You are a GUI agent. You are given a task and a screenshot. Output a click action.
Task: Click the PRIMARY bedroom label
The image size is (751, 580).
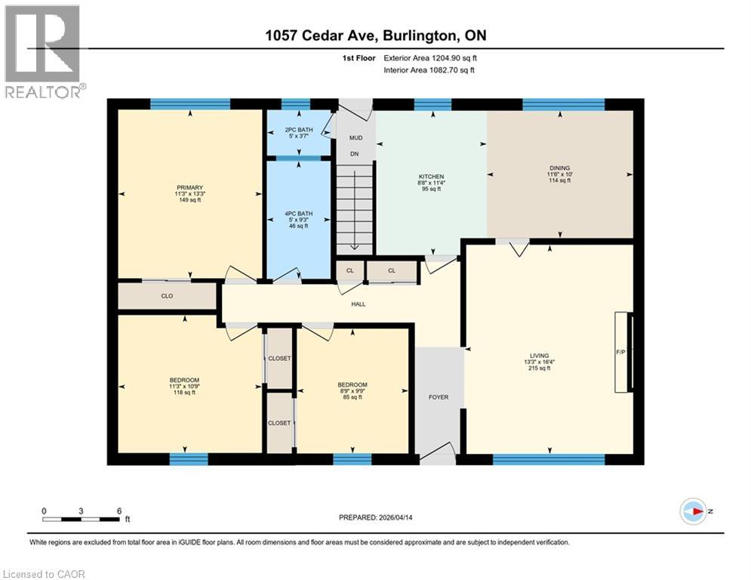(x=190, y=187)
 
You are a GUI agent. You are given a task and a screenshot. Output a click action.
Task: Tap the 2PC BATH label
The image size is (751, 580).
(x=300, y=129)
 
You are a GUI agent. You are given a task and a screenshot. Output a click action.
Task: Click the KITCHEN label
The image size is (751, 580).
(x=431, y=176)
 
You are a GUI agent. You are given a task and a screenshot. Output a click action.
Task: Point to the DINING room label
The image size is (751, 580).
(x=559, y=168)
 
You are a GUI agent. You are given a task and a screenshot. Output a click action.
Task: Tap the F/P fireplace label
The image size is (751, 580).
(x=620, y=352)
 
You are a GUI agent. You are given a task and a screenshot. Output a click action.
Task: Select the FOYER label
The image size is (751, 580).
(x=439, y=397)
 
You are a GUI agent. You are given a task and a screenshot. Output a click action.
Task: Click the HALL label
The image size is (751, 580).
(x=358, y=304)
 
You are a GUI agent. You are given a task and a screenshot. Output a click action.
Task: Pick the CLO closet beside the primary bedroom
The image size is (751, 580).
(x=167, y=296)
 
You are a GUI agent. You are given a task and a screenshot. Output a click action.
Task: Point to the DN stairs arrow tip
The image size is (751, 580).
(x=354, y=250)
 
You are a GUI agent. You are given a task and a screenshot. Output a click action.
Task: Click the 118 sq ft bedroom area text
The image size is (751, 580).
(x=184, y=392)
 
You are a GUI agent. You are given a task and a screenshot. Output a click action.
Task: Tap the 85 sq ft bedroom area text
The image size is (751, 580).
(x=352, y=397)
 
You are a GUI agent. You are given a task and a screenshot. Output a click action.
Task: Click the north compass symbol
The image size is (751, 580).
(x=692, y=511)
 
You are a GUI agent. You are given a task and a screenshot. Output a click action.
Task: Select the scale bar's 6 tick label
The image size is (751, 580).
(x=119, y=511)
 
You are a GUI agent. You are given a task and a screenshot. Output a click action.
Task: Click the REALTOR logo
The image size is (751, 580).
(x=42, y=51)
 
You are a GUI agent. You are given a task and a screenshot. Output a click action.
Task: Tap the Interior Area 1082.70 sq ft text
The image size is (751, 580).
(x=429, y=69)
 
